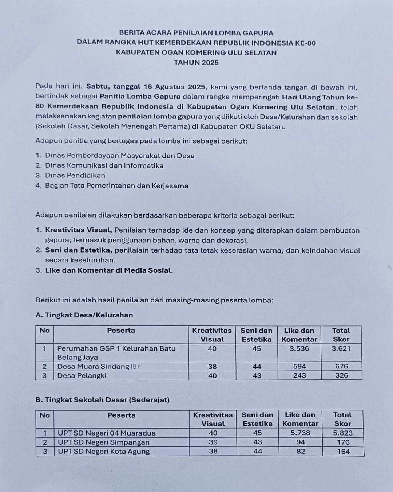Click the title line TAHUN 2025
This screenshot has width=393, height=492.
click(196, 62)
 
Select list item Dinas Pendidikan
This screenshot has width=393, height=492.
click(75, 175)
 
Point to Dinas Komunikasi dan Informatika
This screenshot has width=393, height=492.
click(104, 165)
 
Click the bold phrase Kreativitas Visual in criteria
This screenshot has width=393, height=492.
click(78, 230)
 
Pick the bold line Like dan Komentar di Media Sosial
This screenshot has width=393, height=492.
click(109, 270)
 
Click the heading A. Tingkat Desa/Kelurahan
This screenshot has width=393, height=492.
click(84, 315)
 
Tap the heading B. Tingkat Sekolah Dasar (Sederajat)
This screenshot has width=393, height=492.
click(103, 400)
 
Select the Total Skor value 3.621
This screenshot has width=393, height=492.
click(341, 348)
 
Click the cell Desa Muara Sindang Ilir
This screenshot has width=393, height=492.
click(98, 366)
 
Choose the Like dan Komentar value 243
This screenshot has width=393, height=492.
click(299, 375)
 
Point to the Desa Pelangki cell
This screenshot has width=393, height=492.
click(82, 375)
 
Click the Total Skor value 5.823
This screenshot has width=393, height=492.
click(342, 433)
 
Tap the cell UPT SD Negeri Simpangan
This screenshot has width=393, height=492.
click(104, 442)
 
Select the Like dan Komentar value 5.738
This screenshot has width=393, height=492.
click(300, 433)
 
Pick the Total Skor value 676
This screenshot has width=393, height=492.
click(341, 366)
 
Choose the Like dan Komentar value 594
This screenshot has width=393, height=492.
click(299, 366)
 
